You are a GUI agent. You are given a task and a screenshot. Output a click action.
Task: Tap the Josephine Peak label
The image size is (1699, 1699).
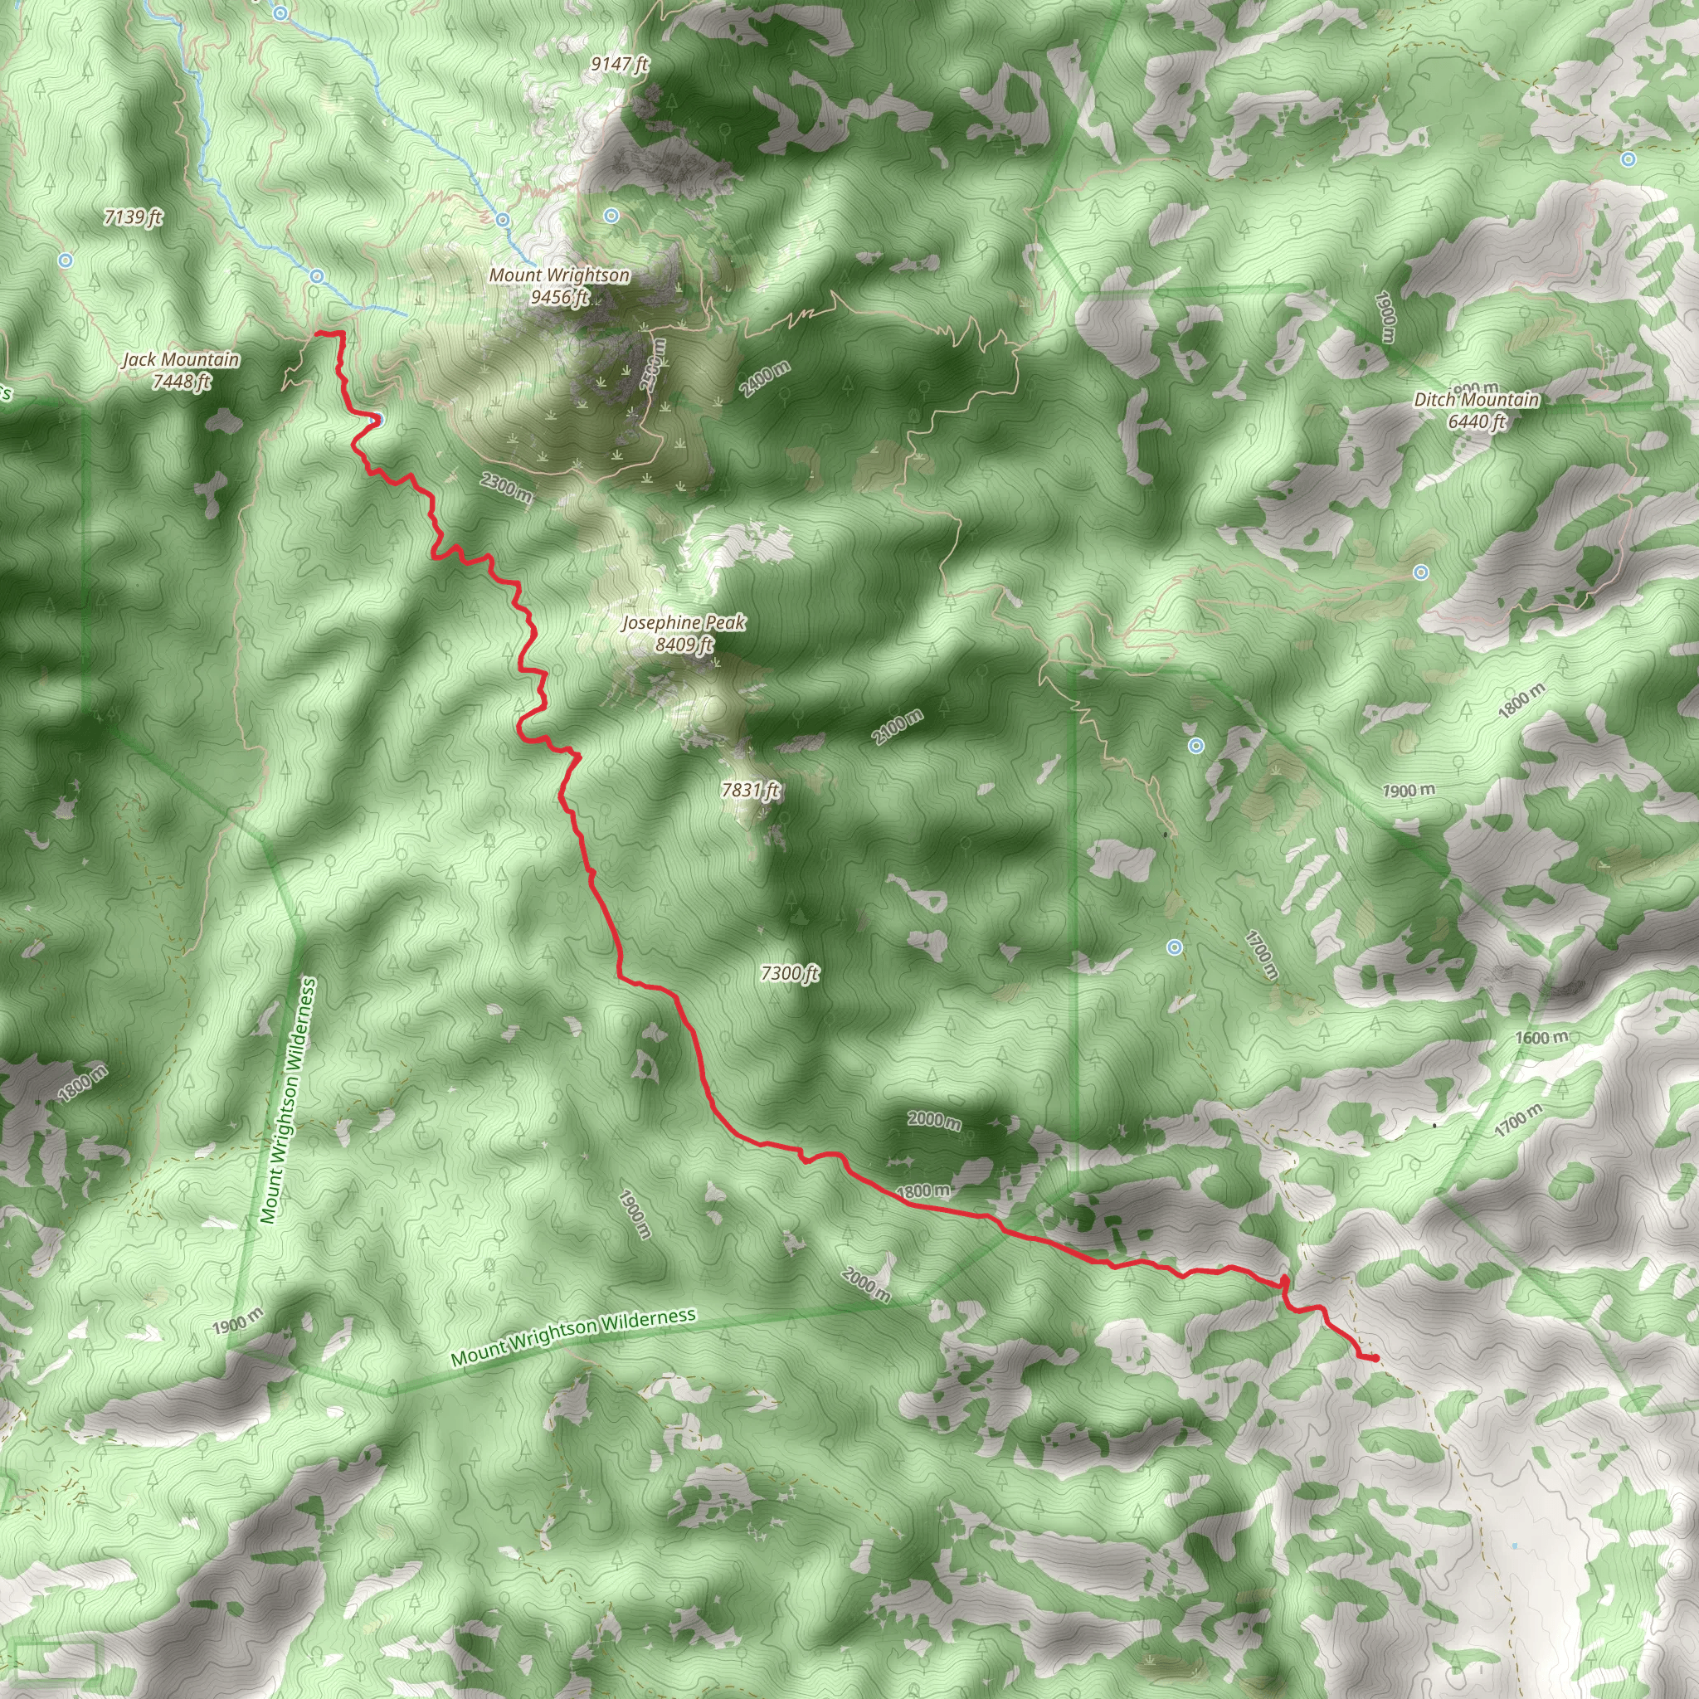click(684, 633)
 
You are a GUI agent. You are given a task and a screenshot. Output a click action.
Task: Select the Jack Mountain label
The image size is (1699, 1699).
click(180, 370)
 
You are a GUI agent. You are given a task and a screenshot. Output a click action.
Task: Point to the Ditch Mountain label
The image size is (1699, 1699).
click(1476, 411)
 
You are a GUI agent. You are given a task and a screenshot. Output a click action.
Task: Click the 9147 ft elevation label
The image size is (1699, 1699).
click(619, 64)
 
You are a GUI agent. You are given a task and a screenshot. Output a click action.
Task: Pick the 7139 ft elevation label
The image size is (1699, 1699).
click(133, 217)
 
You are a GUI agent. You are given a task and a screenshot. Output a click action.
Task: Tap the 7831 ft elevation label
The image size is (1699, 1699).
click(750, 790)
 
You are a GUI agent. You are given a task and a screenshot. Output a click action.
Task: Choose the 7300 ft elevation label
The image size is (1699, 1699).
click(789, 972)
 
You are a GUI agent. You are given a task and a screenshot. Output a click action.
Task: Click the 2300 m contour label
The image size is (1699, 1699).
click(506, 487)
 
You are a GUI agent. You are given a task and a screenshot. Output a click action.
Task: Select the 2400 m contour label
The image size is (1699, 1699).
click(765, 379)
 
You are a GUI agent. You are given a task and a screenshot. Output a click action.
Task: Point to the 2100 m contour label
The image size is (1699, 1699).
click(898, 727)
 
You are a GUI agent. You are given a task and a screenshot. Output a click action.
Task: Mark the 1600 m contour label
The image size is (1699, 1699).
click(1541, 1038)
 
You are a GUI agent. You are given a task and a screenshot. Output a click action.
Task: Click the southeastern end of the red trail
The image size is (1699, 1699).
click(1375, 1359)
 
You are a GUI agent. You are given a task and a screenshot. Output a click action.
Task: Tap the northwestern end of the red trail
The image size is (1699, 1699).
click(317, 333)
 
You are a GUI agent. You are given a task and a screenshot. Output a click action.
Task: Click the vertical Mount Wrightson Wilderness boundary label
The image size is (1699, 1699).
click(289, 1100)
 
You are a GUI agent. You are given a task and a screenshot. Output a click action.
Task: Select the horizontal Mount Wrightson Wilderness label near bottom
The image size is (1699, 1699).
click(572, 1336)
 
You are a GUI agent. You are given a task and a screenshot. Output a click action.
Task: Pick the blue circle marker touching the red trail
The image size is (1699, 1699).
click(377, 419)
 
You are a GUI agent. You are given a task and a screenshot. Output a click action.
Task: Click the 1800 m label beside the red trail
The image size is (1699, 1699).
click(923, 1191)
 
